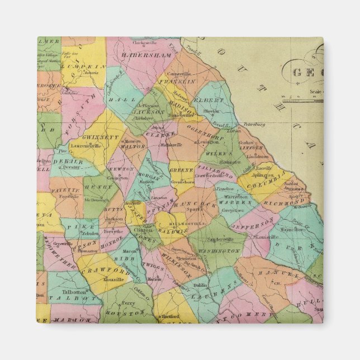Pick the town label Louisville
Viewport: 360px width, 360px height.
click(x=268, y=236)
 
